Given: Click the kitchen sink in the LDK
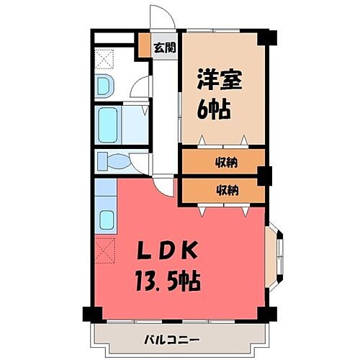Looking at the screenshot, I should (x=107, y=218).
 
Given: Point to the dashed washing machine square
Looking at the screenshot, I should (x=105, y=58).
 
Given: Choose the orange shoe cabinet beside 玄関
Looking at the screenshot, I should (x=145, y=48).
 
